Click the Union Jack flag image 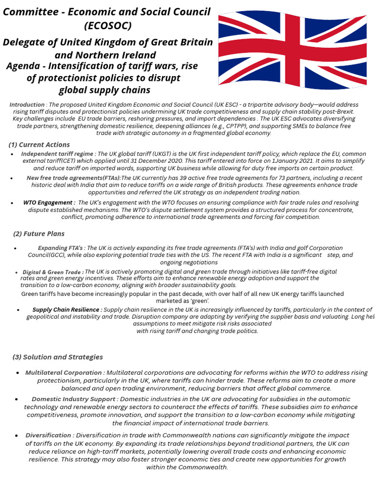tap(292, 49)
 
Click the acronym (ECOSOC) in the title tap(107, 25)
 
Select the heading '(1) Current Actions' tap(39, 145)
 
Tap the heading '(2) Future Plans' tap(39, 234)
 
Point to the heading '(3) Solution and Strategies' tap(58, 357)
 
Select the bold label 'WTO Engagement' tap(49, 203)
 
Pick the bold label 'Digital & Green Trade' tap(53, 272)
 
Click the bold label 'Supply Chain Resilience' tap(67, 309)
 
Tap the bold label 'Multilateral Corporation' tap(63, 373)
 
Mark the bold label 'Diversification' tap(48, 435)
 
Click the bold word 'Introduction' tap(27, 105)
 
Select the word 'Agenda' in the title tap(22, 66)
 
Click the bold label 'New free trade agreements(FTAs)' tap(73, 178)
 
